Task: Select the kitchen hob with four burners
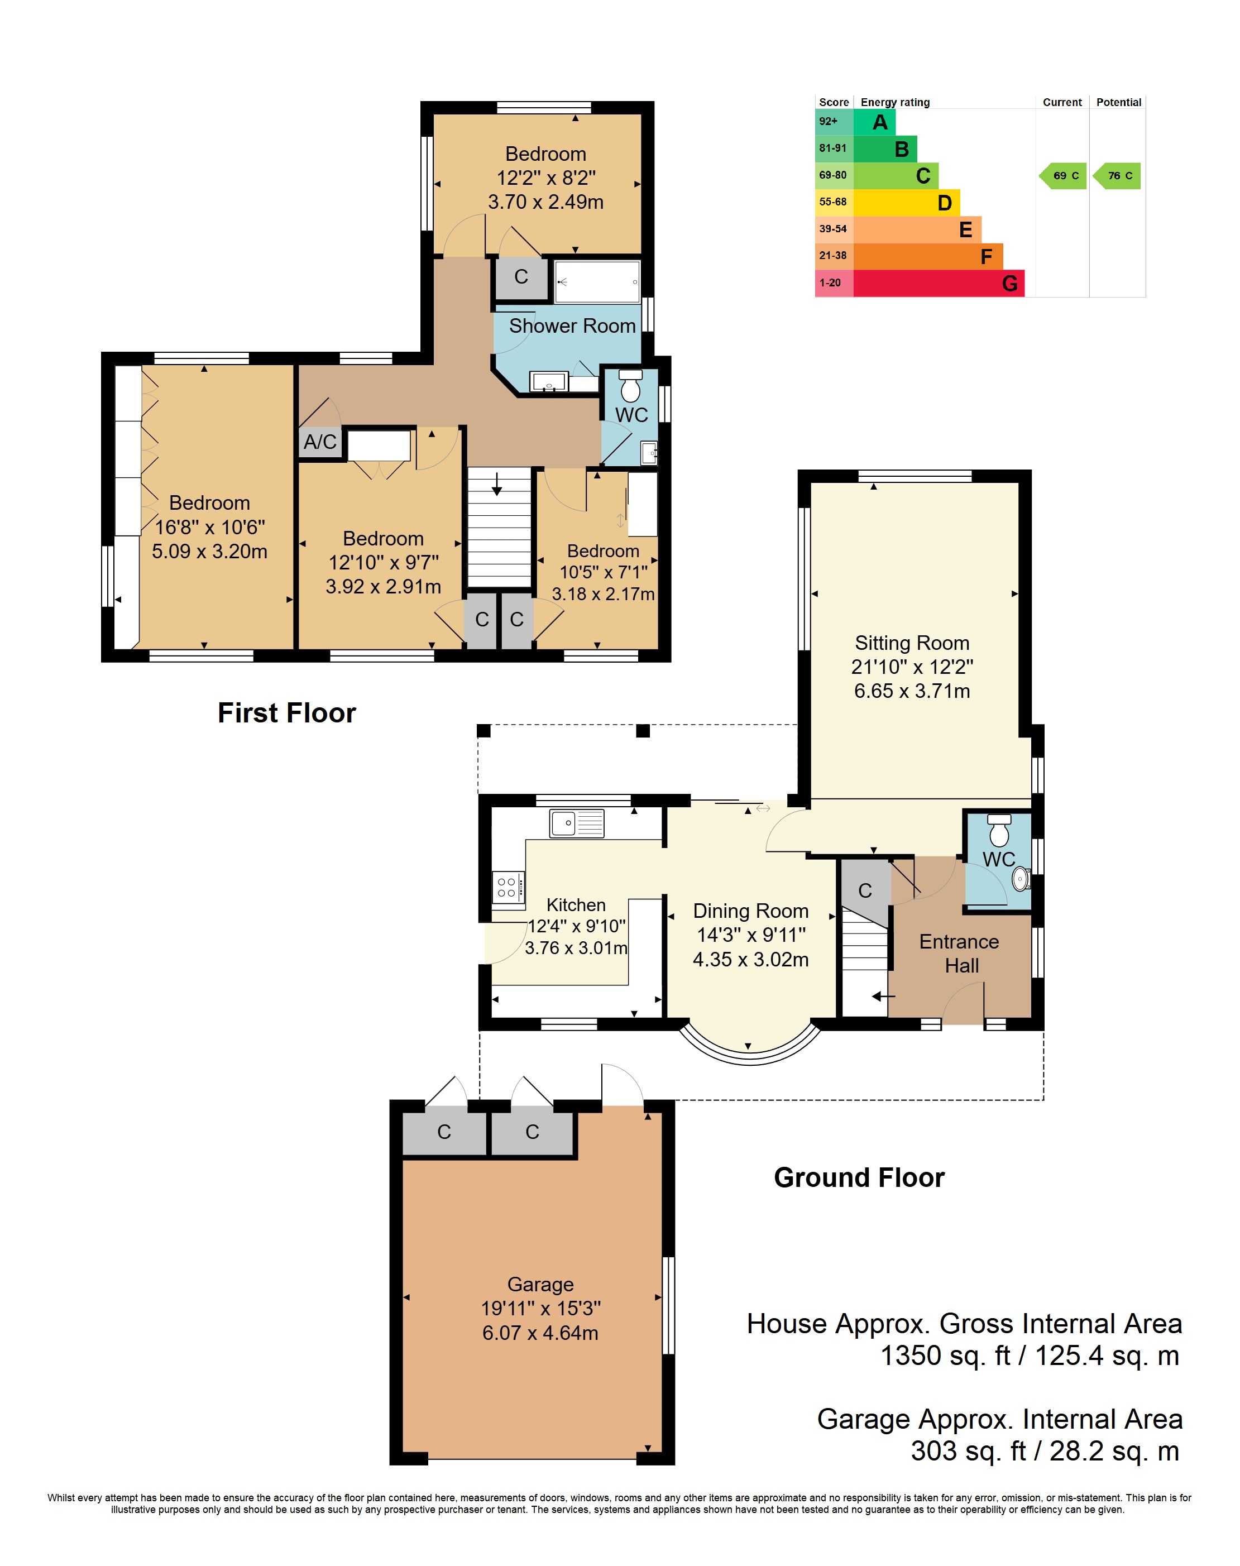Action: coord(508,887)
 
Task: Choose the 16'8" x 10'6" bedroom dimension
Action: coord(210,527)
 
